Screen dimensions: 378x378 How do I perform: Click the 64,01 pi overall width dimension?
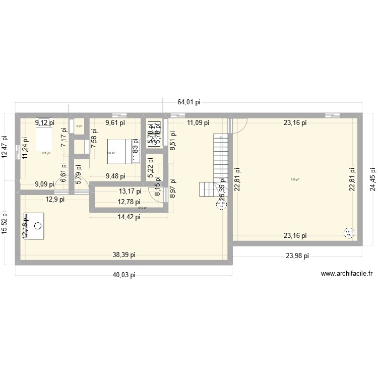[189, 102]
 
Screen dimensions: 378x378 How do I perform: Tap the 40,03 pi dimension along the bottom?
[124, 275]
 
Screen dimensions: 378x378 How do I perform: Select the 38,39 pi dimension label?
[124, 255]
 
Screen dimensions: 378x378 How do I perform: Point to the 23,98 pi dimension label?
[297, 256]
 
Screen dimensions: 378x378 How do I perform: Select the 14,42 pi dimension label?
[129, 217]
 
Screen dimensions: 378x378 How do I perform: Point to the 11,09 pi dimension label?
[198, 122]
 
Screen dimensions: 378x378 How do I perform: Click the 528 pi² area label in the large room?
[295, 179]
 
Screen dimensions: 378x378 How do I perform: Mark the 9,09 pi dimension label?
[44, 184]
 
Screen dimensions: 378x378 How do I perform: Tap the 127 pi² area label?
[46, 153]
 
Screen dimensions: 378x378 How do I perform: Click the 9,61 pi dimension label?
[115, 122]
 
